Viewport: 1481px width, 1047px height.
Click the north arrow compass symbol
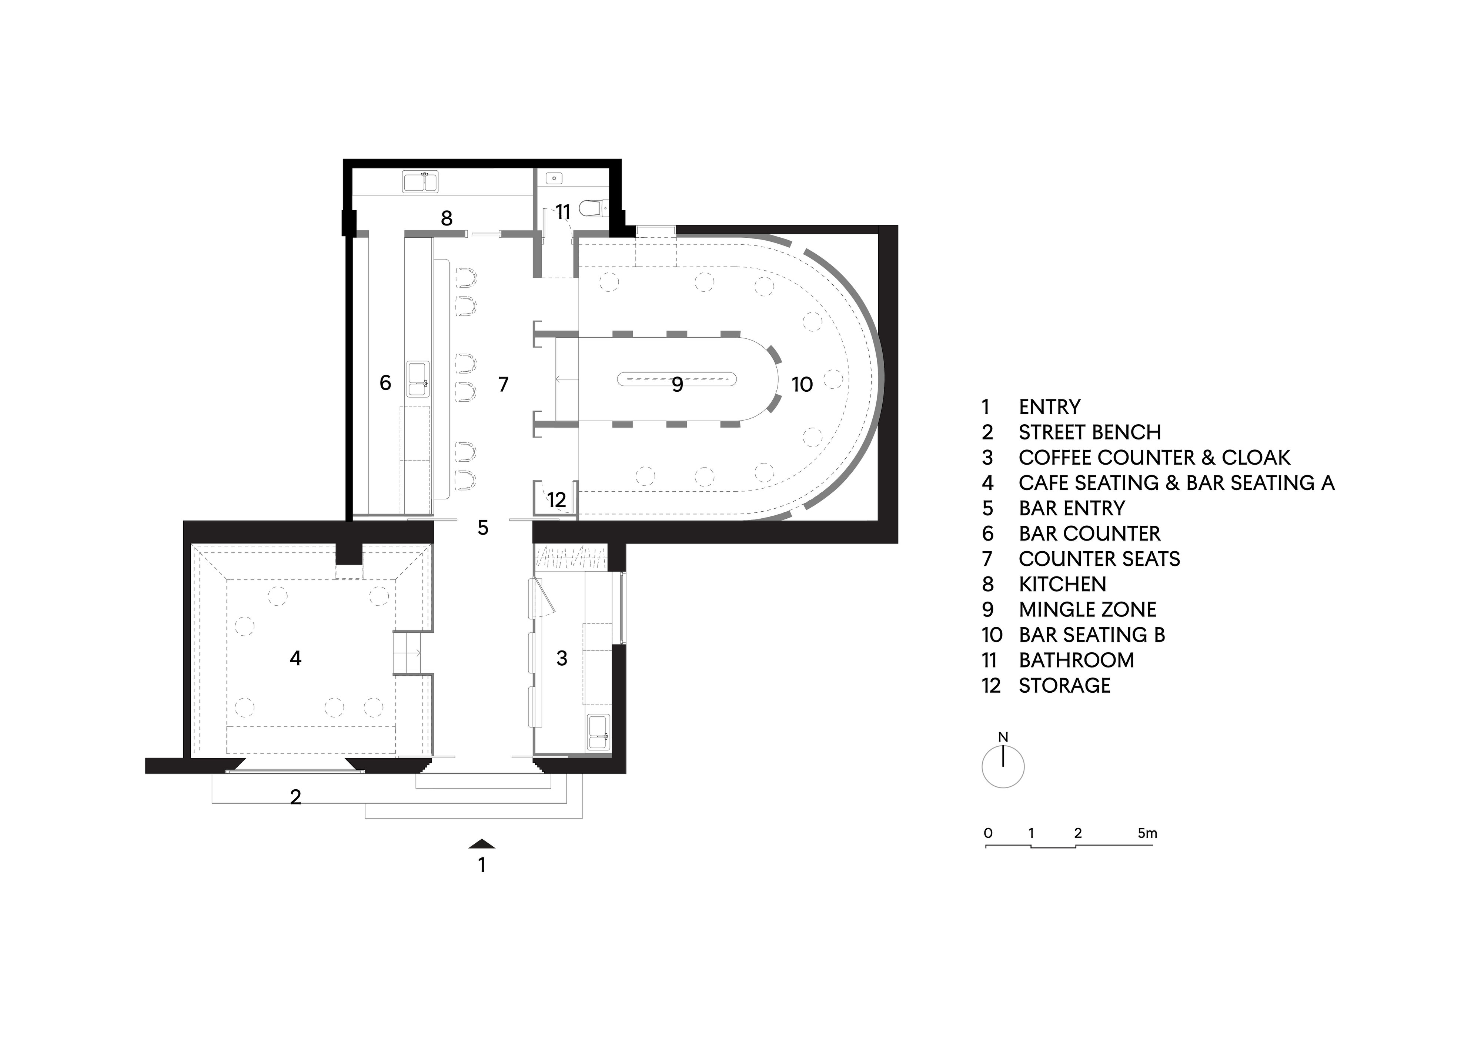coord(1003,766)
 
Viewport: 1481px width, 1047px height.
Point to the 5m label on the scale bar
coord(1147,833)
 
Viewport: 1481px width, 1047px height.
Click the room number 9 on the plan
coord(677,385)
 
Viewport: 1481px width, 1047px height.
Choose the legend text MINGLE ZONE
coord(1087,610)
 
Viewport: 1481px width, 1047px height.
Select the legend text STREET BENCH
coord(1090,432)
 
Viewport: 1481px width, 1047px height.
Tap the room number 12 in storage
coord(556,499)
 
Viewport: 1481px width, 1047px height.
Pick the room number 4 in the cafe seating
coord(295,658)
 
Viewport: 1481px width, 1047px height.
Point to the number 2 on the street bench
coord(295,797)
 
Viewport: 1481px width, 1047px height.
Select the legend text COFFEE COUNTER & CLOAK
coord(1154,457)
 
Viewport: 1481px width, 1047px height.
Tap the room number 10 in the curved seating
coord(802,385)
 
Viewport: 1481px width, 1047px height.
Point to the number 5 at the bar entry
coord(483,528)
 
